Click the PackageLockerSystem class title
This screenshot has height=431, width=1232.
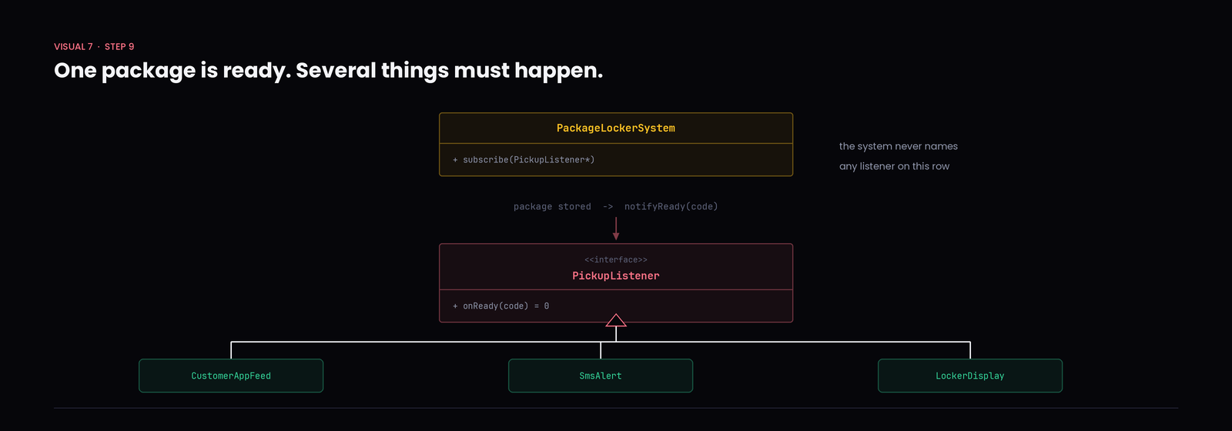coord(615,128)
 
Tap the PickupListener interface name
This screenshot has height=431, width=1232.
coord(615,276)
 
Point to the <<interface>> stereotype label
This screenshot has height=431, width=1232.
coord(615,259)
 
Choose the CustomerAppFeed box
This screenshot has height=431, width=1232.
coord(231,376)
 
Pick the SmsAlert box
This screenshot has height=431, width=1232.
coord(601,376)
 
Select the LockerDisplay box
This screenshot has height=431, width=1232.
coord(970,376)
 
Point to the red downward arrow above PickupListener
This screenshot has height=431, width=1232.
coord(616,229)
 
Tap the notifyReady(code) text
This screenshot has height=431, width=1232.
coord(671,207)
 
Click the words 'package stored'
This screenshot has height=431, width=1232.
coord(552,207)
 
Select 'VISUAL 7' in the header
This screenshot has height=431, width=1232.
coord(73,47)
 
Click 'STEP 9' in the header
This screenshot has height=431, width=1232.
coord(119,47)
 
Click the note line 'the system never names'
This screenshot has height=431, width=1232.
coord(898,146)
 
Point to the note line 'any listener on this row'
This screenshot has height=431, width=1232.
coord(894,166)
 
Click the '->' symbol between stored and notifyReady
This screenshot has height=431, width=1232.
coord(608,207)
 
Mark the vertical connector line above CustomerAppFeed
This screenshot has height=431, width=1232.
coord(231,350)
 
